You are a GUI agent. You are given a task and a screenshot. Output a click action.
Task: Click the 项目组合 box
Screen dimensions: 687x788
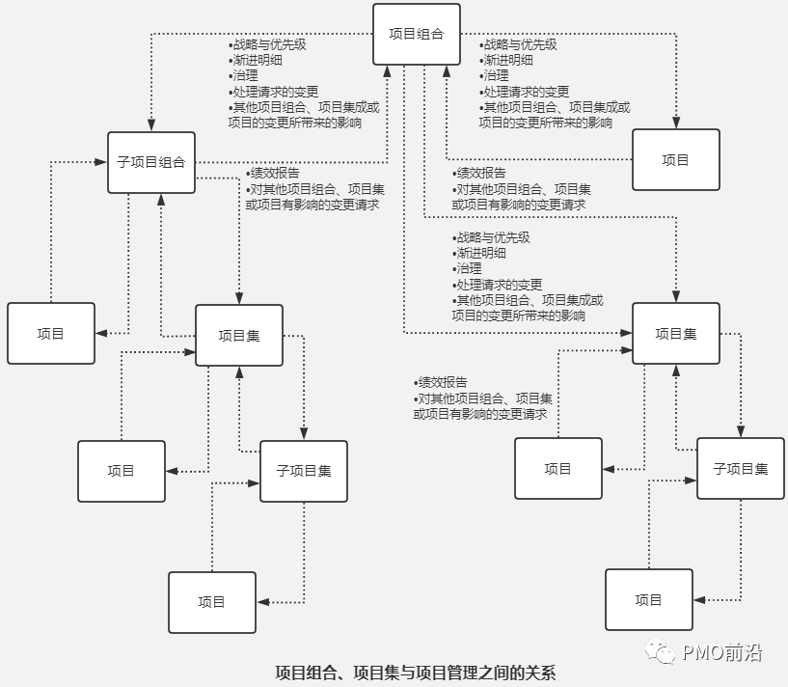(x=417, y=35)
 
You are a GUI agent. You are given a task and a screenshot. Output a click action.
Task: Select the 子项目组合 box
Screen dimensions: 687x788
(x=151, y=162)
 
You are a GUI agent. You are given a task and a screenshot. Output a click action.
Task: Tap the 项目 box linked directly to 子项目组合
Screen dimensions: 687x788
(x=51, y=334)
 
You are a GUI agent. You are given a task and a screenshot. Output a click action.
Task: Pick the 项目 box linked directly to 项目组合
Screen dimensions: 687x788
(x=676, y=160)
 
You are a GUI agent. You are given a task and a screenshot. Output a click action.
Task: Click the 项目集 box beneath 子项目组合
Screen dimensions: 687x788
(x=239, y=336)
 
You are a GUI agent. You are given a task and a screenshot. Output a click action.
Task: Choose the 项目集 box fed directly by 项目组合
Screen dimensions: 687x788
(x=676, y=334)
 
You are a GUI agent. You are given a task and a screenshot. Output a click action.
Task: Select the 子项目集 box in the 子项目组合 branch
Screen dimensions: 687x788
(x=304, y=471)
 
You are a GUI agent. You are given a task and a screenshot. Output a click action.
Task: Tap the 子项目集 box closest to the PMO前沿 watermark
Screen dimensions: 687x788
(x=741, y=469)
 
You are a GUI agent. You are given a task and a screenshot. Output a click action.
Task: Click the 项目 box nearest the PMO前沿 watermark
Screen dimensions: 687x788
(x=649, y=600)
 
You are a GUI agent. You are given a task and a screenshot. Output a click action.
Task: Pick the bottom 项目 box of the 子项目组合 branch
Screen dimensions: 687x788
(x=212, y=602)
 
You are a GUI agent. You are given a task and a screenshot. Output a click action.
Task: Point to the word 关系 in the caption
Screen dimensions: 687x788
(x=539, y=673)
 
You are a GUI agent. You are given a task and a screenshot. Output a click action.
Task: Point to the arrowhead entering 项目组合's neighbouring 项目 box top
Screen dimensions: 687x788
(x=676, y=124)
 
